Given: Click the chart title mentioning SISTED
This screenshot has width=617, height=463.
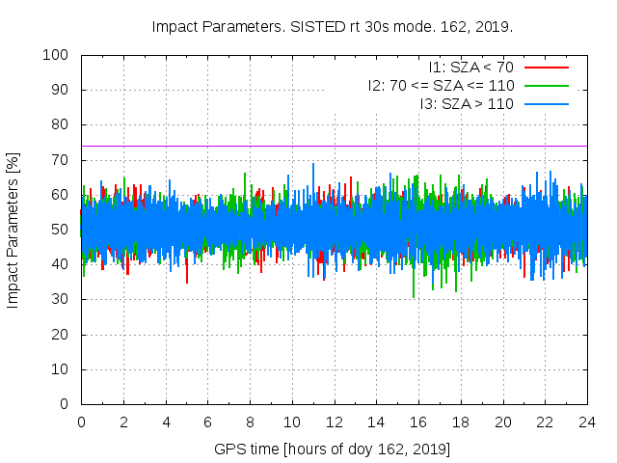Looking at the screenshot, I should pyautogui.click(x=332, y=26).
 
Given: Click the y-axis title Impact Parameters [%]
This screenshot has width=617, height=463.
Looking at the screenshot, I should pyautogui.click(x=13, y=230).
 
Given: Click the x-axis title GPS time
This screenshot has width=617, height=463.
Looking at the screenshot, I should pyautogui.click(x=333, y=449).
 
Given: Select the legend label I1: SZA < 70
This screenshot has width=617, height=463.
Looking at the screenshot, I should pyautogui.click(x=470, y=68).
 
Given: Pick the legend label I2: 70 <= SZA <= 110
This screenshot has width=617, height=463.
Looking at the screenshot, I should pyautogui.click(x=441, y=86).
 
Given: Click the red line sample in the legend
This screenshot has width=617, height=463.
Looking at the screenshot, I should pyautogui.click(x=546, y=68).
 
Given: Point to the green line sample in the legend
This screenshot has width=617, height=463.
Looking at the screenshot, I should pyautogui.click(x=546, y=86).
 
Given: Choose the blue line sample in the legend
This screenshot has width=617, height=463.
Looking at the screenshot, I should pyautogui.click(x=546, y=103).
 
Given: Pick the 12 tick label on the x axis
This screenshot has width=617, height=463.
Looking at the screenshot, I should pyautogui.click(x=334, y=422).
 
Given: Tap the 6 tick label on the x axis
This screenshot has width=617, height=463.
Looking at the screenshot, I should pyautogui.click(x=207, y=422).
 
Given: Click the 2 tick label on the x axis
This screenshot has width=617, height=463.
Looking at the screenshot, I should pyautogui.click(x=123, y=422).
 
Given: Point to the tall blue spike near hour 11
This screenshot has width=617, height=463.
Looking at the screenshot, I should pyautogui.click(x=313, y=167).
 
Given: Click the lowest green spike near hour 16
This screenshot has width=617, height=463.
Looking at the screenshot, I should pyautogui.click(x=414, y=294).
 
